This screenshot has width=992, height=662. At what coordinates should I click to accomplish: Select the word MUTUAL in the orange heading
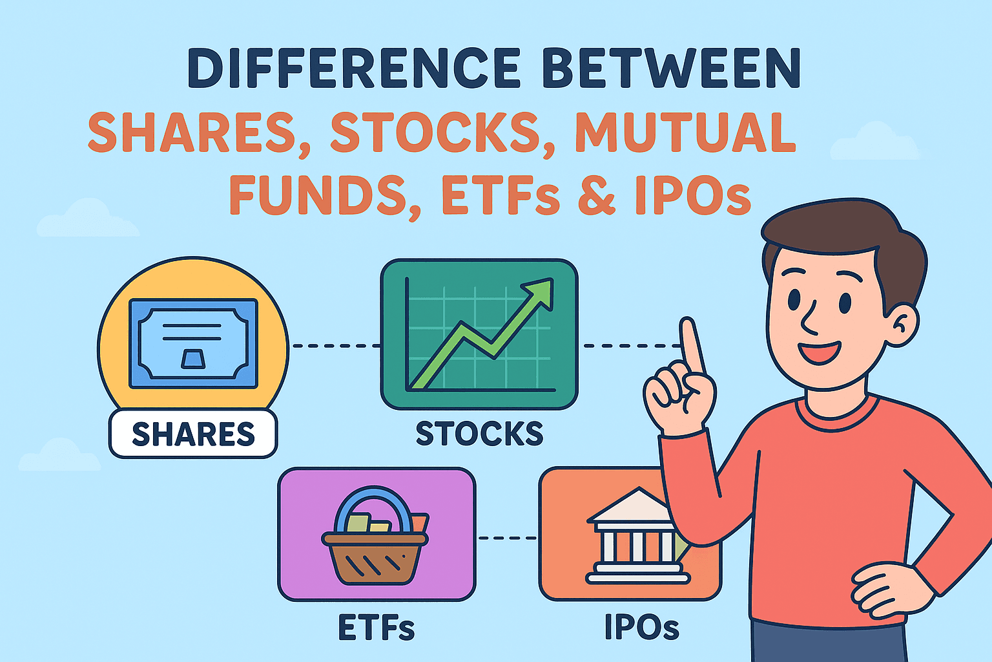coord(685,133)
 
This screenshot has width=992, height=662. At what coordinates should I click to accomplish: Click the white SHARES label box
coord(193,434)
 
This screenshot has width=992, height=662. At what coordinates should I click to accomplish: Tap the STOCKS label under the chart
coord(479,434)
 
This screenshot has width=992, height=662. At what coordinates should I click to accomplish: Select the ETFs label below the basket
coord(376,626)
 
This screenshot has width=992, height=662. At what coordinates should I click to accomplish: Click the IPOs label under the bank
coord(641,626)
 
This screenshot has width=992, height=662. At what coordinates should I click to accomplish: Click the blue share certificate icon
coord(193,343)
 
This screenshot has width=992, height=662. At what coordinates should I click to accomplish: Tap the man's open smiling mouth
coord(819,352)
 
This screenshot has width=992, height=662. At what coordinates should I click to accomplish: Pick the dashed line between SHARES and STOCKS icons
coord(336,346)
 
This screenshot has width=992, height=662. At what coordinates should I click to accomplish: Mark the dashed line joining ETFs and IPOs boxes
coord(507,538)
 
